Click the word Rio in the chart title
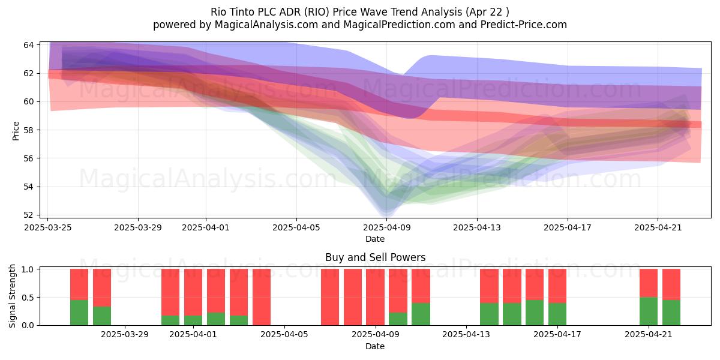(217, 12)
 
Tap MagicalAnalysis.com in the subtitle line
(266, 25)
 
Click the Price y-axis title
(16, 131)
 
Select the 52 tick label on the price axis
(29, 215)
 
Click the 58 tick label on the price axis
(29, 130)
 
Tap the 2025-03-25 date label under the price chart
(48, 227)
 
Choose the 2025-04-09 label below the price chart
(387, 227)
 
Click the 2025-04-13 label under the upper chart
(477, 227)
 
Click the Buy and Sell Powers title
(375, 257)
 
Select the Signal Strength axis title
(12, 296)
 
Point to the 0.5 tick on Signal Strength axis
(28, 298)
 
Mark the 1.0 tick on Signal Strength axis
(28, 269)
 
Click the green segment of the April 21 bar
(649, 311)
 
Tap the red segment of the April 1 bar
(193, 292)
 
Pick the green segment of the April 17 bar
(557, 314)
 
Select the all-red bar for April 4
(262, 297)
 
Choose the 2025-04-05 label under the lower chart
(284, 335)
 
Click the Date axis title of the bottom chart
(375, 346)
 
